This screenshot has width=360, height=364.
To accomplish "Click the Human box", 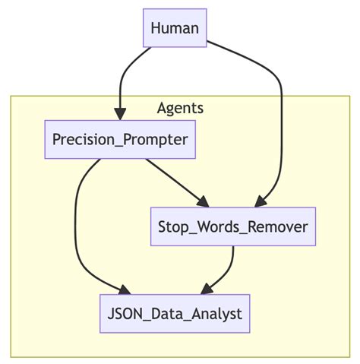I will [175, 28].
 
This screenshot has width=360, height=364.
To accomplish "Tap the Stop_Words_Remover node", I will [232, 226].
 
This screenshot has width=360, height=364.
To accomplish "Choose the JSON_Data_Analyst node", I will [175, 313].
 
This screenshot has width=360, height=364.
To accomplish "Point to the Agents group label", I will [180, 108].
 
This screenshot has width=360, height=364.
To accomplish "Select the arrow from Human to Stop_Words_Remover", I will [279, 114].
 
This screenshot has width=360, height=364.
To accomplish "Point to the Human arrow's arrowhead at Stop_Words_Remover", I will [261, 201].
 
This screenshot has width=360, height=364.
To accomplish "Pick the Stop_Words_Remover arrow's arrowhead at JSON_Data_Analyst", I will [205, 288].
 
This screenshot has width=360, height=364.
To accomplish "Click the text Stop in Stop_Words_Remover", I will [173, 226].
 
